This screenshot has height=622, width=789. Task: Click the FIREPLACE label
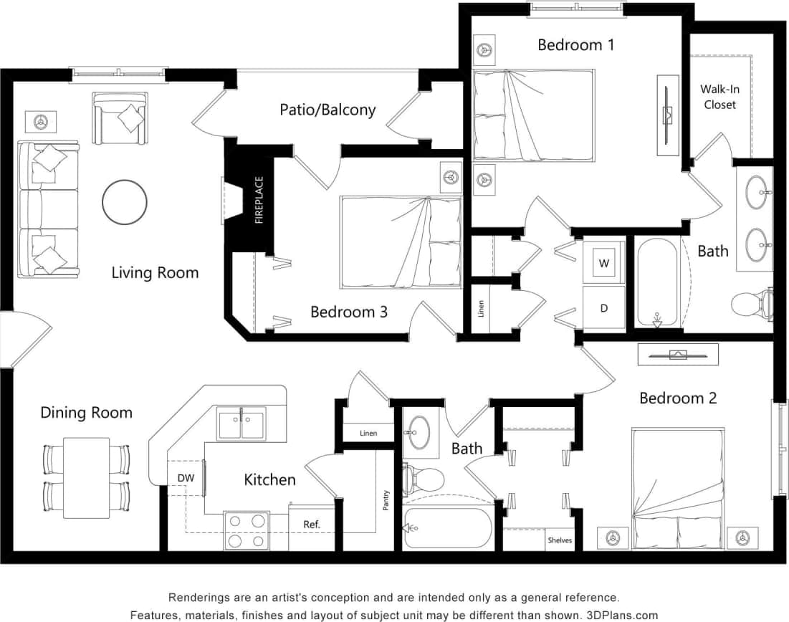[259, 201]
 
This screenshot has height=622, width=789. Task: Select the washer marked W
[603, 263]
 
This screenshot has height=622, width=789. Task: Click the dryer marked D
[603, 308]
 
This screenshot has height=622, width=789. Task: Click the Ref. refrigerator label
[311, 525]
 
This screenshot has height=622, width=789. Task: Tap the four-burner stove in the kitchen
[246, 531]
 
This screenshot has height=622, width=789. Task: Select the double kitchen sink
[242, 423]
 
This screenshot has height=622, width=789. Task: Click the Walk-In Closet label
[719, 97]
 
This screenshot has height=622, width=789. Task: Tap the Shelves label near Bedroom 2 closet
[560, 540]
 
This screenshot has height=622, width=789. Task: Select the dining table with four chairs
[87, 477]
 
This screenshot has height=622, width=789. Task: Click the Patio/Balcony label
[327, 110]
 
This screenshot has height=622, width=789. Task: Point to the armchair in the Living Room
[120, 118]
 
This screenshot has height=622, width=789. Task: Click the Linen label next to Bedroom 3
[481, 309]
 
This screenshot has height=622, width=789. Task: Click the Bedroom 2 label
[678, 398]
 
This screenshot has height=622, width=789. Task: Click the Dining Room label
[86, 413]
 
